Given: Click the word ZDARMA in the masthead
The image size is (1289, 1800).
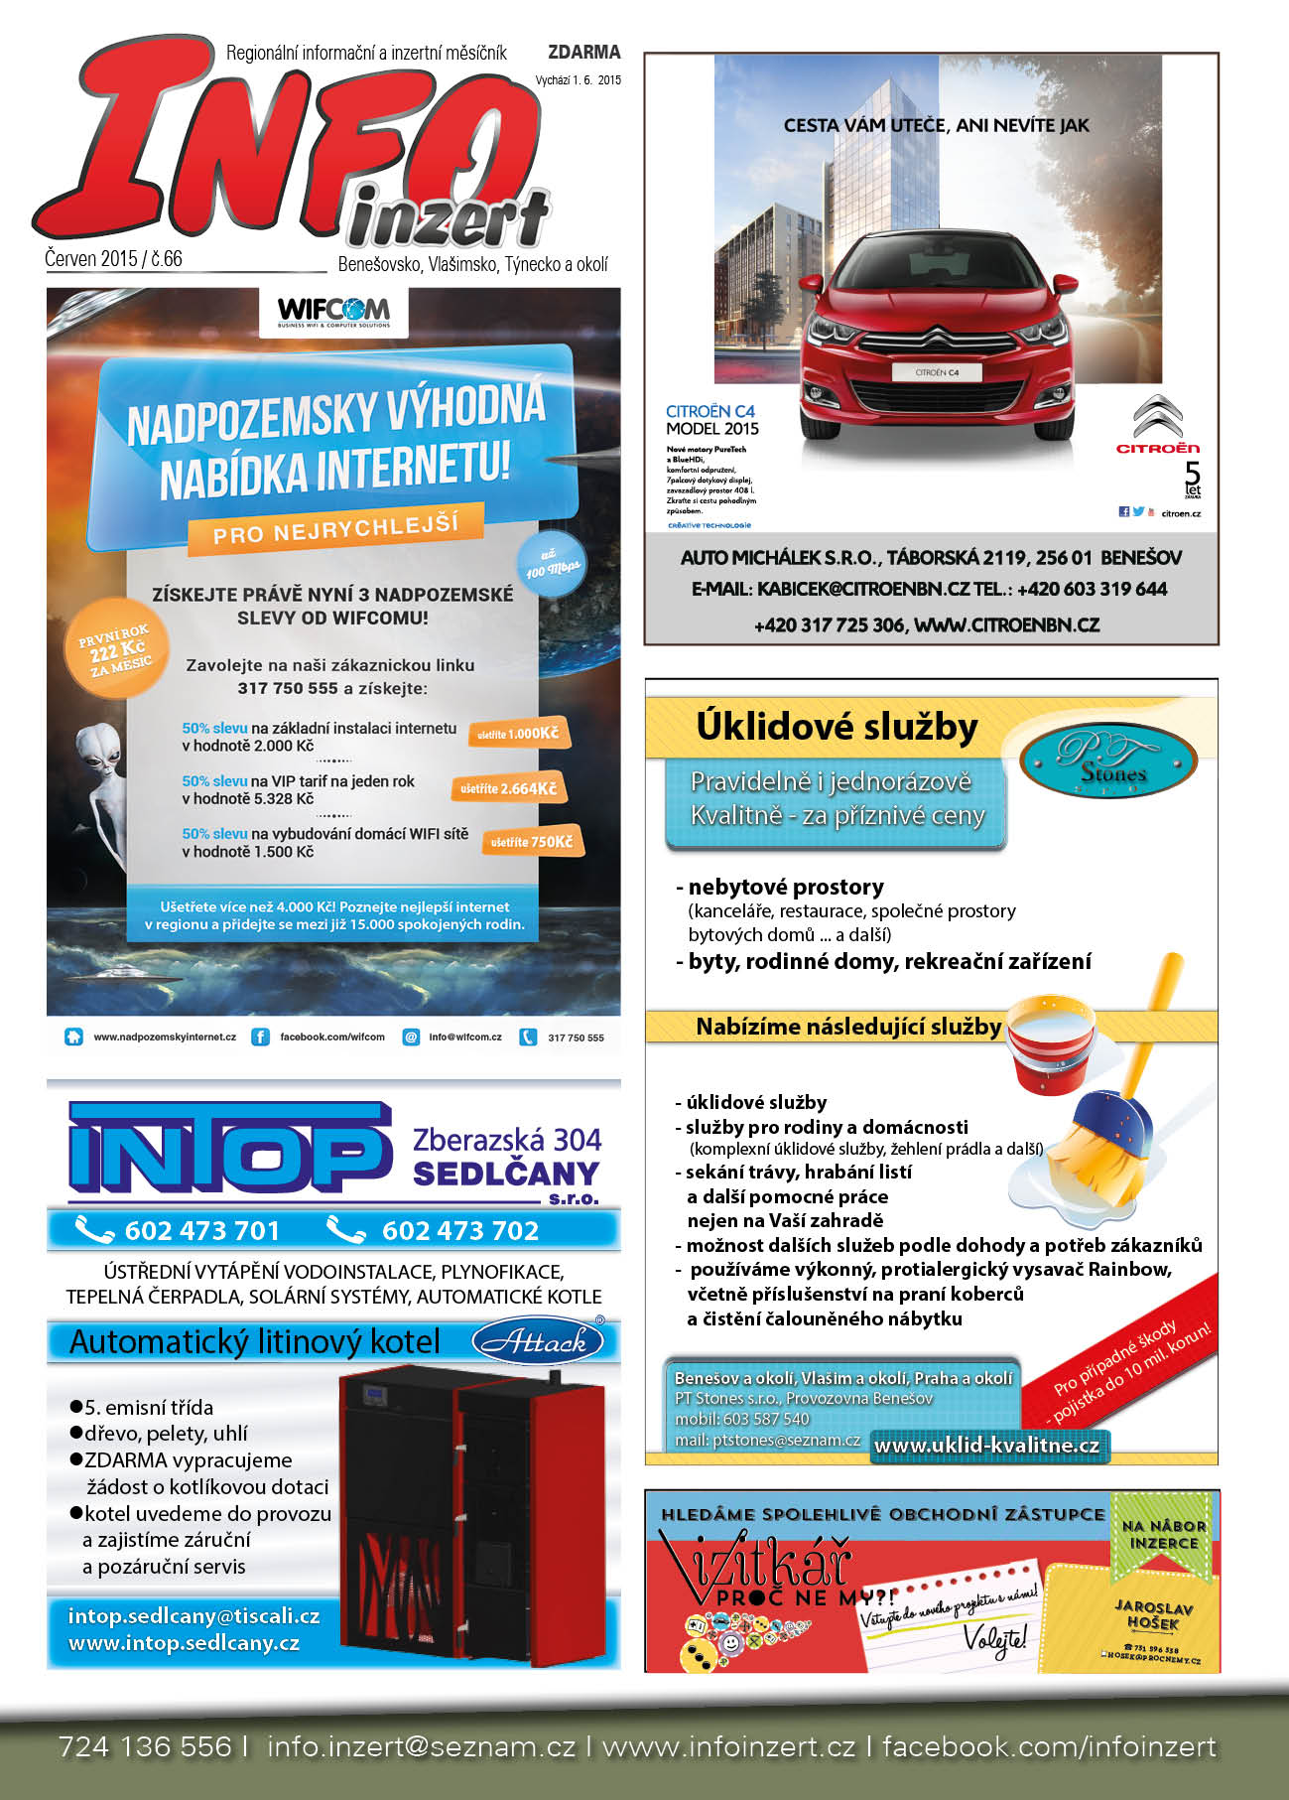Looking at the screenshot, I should coord(583,52).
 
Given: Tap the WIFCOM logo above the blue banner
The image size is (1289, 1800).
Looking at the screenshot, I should coord(333,310).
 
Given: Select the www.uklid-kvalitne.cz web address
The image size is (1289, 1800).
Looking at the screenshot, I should coord(986,1446).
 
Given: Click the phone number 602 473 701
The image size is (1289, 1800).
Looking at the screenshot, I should coord(201,1231).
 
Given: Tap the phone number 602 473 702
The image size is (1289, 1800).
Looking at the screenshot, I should coord(459,1231).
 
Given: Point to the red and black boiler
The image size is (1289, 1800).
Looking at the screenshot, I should coord(471,1514).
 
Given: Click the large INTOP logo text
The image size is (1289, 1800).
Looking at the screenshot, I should coord(228,1150).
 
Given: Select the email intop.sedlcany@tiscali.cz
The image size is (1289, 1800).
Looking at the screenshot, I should coord(193,1616).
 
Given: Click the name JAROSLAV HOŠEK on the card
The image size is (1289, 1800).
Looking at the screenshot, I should coord(1153,1614).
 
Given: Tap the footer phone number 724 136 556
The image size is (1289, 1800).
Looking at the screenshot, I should coord(145,1746).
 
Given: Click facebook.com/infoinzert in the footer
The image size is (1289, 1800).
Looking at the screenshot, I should coord(1049,1746).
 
